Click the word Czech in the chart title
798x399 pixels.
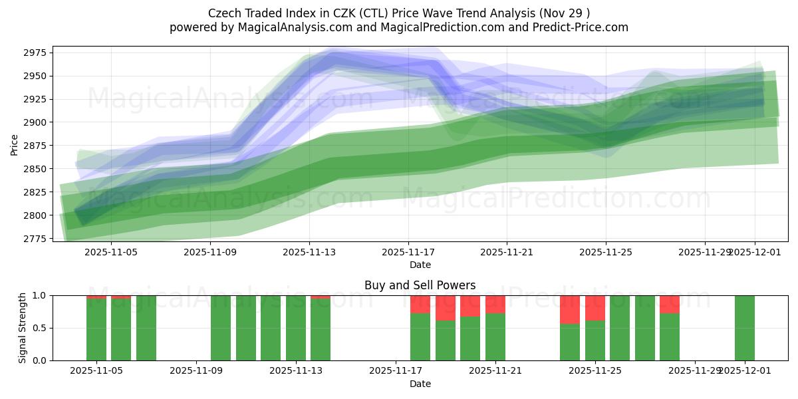coord(223,13)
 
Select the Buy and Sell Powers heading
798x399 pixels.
coord(420,285)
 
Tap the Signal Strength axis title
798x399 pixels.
coord(22,328)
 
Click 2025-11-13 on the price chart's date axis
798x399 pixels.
coord(309,252)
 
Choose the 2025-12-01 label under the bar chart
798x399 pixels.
coord(745,371)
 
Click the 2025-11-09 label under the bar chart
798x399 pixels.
coord(197,371)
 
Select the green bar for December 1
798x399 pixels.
coord(745,328)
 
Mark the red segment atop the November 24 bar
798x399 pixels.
coord(570,309)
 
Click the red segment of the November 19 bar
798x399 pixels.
coord(446,308)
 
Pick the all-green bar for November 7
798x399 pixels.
coord(146,328)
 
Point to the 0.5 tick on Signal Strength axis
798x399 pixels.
coord(41,328)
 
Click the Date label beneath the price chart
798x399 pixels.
coord(420,265)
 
